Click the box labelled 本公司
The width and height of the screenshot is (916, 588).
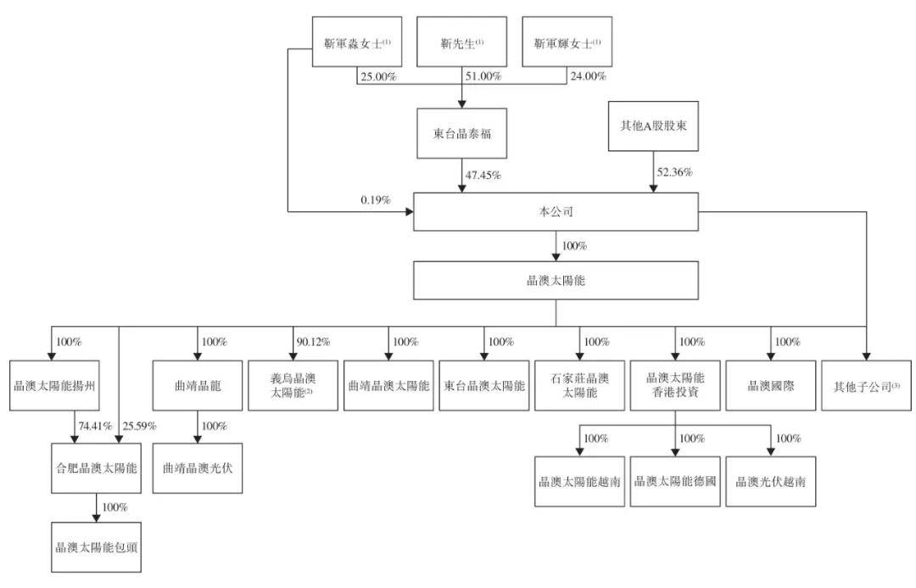click(556, 211)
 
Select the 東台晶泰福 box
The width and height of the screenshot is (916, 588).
click(461, 133)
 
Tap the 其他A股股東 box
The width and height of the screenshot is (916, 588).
click(653, 126)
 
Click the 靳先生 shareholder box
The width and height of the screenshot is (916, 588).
click(461, 42)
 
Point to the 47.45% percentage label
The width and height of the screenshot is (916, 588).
click(483, 175)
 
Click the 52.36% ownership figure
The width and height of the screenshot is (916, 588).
click(675, 172)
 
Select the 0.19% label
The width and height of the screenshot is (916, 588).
click(376, 200)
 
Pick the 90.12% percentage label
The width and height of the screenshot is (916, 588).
click(313, 341)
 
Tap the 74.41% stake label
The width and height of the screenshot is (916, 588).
click(95, 425)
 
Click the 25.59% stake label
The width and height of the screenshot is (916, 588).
click(140, 425)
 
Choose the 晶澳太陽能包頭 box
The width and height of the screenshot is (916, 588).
click(97, 547)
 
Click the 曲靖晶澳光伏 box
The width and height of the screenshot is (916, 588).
click(198, 468)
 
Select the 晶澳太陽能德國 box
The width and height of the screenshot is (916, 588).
click(675, 482)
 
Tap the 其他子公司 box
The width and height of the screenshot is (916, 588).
click(866, 386)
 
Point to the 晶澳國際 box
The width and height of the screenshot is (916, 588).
click(770, 386)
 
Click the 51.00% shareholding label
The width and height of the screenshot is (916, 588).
click(483, 76)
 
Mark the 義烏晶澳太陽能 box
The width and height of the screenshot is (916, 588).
click(293, 386)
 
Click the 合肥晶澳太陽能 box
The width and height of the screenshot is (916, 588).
click(97, 468)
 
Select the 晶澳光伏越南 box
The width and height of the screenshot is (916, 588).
click(770, 482)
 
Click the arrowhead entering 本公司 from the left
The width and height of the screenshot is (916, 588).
click(410, 211)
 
